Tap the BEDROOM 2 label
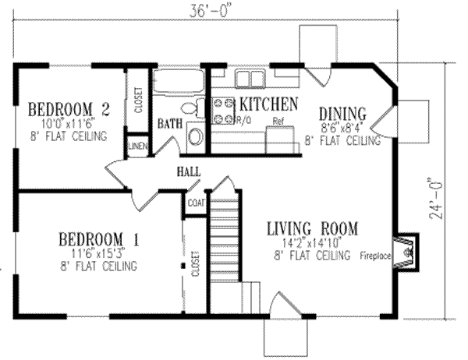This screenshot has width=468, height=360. pos(68,108)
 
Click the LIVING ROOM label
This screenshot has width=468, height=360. pos(311,228)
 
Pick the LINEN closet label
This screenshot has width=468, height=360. pos(137,146)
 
